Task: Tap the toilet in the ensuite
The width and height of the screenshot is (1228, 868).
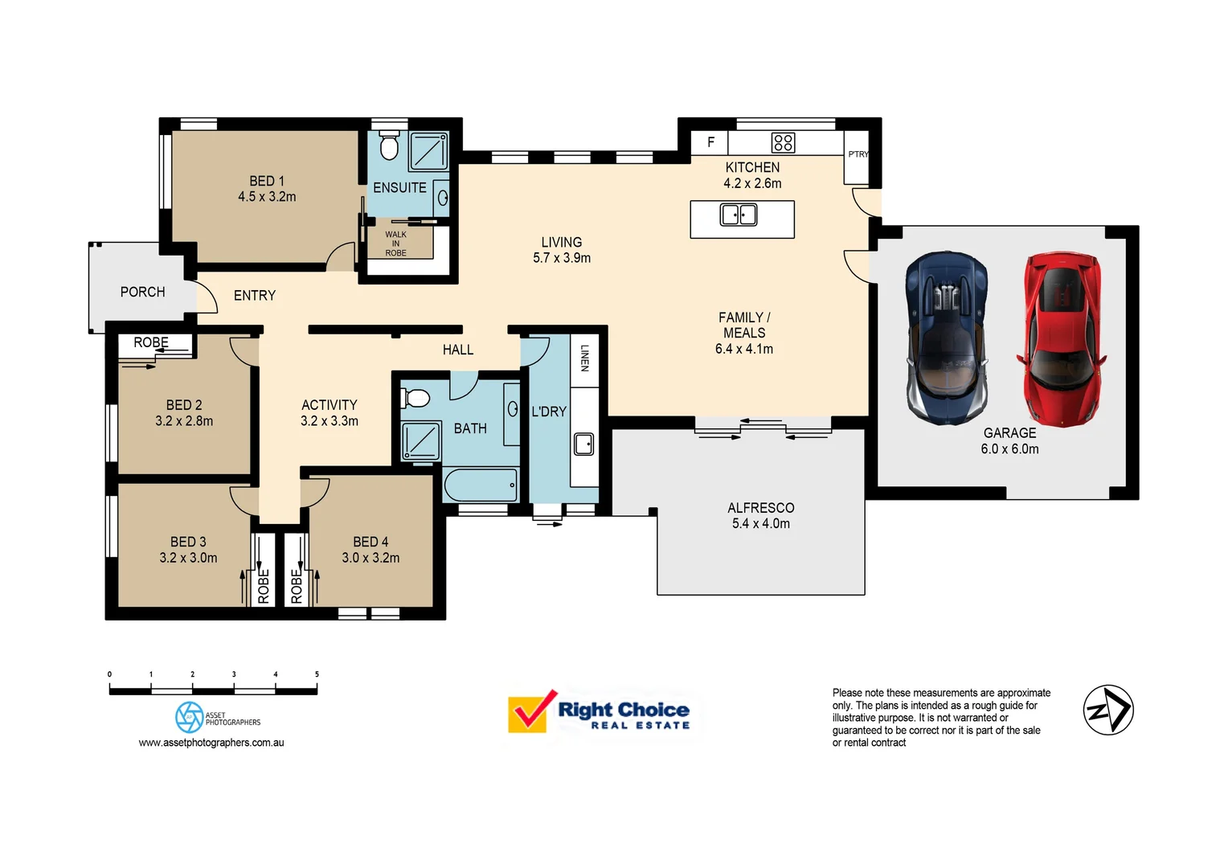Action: tap(389, 147)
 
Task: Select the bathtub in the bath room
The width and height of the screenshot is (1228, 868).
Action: tap(481, 485)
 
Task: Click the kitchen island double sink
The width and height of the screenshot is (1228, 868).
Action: tap(739, 215)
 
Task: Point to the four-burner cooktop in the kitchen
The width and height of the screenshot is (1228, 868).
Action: tap(783, 143)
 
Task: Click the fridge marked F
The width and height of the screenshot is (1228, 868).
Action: tap(710, 142)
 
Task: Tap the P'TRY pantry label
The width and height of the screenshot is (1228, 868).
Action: tap(858, 154)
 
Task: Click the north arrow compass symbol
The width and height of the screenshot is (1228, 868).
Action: tap(1108, 710)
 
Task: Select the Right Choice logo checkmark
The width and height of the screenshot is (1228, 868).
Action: tap(530, 710)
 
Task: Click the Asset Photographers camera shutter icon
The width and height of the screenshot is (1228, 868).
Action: tap(190, 717)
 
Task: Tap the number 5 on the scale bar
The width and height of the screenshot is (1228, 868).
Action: tap(317, 674)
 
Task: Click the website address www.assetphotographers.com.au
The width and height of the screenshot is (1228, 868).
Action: tap(211, 743)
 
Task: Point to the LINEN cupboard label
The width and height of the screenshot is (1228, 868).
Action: tap(584, 358)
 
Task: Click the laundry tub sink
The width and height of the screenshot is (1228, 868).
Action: tap(584, 444)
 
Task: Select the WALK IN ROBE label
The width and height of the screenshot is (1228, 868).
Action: tap(395, 244)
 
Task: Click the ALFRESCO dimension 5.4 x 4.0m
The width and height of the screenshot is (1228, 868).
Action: tap(760, 524)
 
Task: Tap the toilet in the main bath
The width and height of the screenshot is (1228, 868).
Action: tap(415, 398)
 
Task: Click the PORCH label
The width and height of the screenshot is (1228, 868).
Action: tap(142, 292)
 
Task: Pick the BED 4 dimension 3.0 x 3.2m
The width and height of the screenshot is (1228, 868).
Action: tap(370, 558)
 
